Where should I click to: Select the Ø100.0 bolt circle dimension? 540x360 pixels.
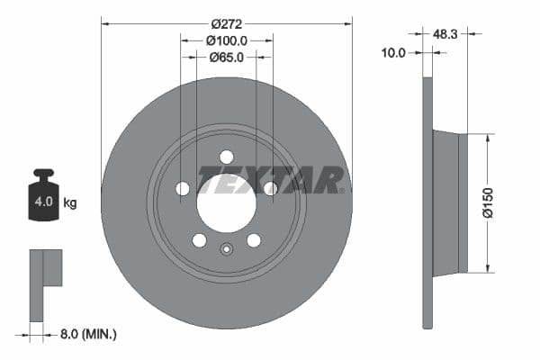226,40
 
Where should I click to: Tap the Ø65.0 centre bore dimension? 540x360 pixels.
226,58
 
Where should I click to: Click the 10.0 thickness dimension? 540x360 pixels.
394,53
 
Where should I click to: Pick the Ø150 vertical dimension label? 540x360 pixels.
487,203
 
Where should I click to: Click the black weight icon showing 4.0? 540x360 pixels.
42,194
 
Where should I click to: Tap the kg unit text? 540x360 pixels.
70,202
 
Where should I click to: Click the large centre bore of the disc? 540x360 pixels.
226,202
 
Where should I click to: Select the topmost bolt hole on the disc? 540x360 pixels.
226,157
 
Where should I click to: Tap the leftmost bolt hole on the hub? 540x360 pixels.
183,188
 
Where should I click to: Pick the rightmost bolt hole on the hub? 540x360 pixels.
269,188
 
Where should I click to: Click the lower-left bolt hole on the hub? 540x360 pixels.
199,239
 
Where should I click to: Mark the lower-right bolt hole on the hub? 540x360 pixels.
253,239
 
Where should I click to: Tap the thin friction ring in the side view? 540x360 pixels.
427,203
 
